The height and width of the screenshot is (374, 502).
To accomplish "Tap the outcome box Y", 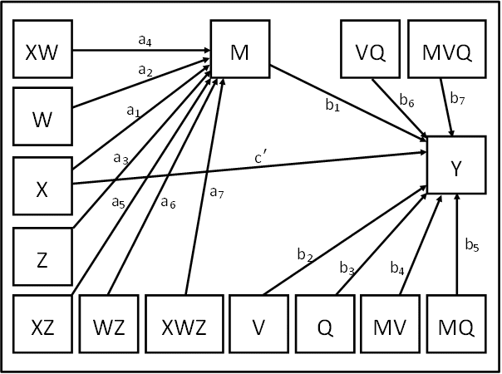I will (455, 166).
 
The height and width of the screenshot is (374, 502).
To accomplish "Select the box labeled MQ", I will (456, 325).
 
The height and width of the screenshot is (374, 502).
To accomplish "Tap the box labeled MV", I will (391, 325).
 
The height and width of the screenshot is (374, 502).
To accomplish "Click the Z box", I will (42, 259).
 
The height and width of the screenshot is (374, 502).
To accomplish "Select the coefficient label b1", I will (332, 105).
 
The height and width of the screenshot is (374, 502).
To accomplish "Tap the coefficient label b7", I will (457, 99).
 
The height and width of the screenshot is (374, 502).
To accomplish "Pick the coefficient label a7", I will (216, 192).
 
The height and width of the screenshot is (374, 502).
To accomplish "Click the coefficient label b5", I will (471, 245).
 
